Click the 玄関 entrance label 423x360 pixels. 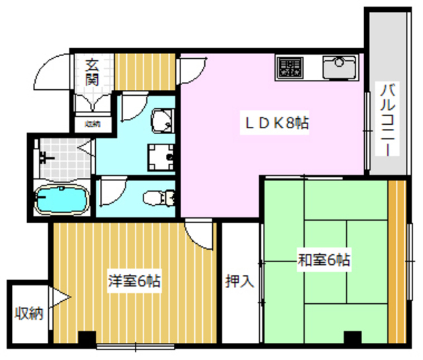(x=93, y=73)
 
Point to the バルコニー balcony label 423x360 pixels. (x=384, y=119)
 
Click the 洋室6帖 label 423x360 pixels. (x=135, y=280)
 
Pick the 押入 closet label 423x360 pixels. (x=239, y=281)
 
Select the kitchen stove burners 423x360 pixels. (x=289, y=67)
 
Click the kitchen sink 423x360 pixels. (x=339, y=66)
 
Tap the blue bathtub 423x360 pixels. (x=61, y=201)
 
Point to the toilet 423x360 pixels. (x=159, y=196)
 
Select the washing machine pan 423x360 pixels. (x=161, y=156)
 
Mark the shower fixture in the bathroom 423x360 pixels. (x=45, y=158)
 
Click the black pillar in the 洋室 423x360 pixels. (x=87, y=338)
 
